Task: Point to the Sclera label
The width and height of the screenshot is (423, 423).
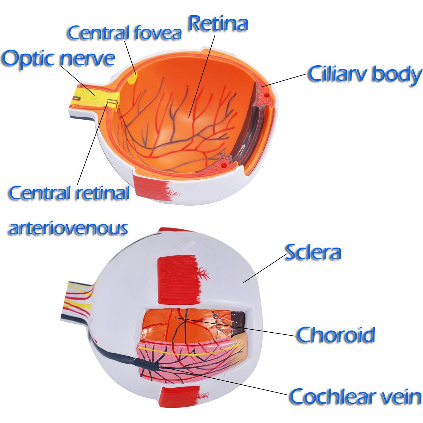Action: tap(313, 252)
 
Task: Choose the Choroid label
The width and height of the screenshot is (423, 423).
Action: tap(336, 334)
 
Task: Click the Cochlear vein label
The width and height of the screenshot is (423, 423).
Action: tap(355, 396)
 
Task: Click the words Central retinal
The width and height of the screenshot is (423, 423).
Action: tap(69, 193)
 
